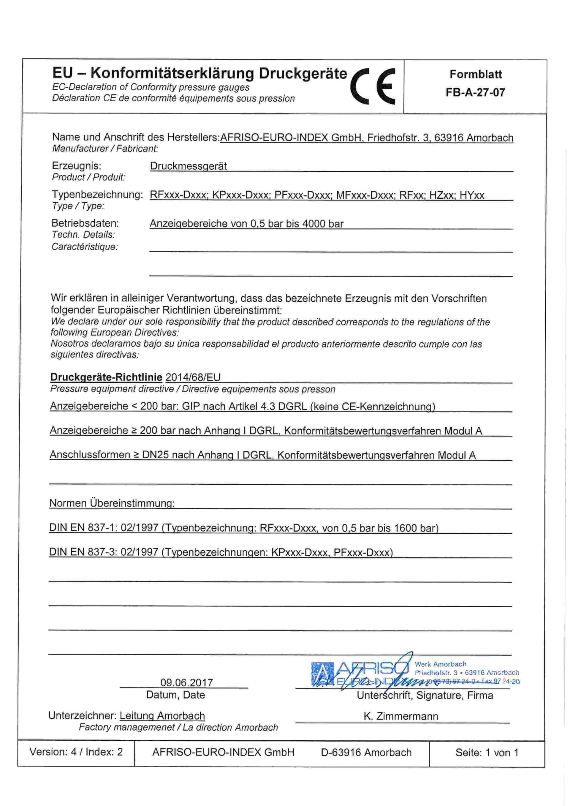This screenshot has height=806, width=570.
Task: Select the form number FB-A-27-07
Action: [x=475, y=93]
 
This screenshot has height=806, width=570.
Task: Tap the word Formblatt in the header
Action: [x=476, y=75]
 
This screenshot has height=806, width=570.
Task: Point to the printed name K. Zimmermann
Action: [x=401, y=716]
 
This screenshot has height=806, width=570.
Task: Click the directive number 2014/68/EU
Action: [x=193, y=377]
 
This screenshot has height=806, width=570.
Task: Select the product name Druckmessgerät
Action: [x=189, y=166]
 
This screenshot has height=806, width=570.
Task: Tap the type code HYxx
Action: [x=472, y=195]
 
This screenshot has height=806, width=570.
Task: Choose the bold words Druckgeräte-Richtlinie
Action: [x=106, y=377]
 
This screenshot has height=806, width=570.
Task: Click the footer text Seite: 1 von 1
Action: [x=487, y=752]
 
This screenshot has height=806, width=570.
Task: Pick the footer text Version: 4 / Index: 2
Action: [x=76, y=752]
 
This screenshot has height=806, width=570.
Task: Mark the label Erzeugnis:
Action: [x=77, y=166]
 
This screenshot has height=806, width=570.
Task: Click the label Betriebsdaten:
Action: [x=85, y=223]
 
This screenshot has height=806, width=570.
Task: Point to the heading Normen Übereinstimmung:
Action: [x=112, y=503]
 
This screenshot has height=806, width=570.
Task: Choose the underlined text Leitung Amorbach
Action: [x=162, y=716]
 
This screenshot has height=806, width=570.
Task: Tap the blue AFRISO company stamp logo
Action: [x=362, y=674]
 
